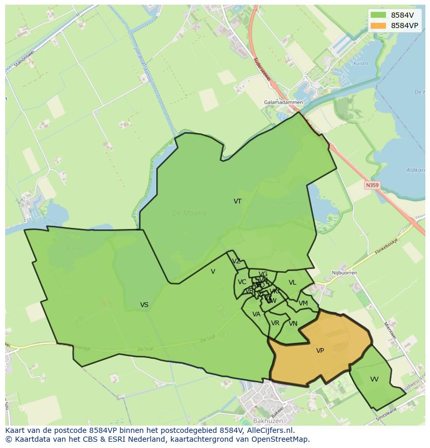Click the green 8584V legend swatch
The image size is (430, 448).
pos(378,15)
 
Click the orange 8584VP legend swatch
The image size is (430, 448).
pos(378,25)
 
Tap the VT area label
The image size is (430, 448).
pos(237,201)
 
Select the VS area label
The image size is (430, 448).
pos(144,305)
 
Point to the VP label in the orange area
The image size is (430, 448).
pos(320,351)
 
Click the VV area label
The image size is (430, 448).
pos(374,379)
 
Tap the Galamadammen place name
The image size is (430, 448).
pos(283,103)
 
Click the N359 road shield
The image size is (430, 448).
pos(372,185)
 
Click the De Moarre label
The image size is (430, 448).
pos(190,213)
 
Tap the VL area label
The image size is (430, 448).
pos(292,283)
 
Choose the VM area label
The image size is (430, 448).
pos(303,303)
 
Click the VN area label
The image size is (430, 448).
pos(293,324)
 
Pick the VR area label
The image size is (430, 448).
pos(275,323)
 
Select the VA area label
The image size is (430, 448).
pos(256,314)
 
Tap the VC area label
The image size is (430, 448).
pos(242,282)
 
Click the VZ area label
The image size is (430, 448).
pos(236,261)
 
